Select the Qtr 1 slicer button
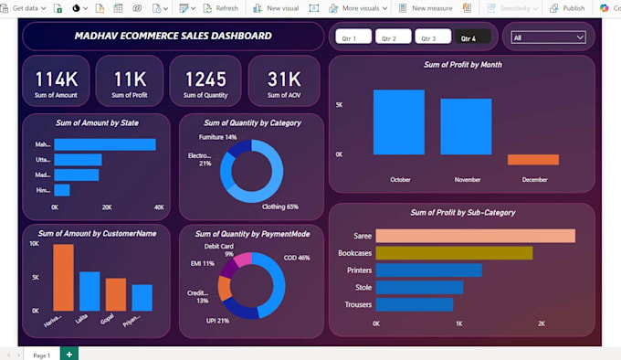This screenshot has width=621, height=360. (x=353, y=37)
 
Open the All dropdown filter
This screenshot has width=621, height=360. (x=548, y=37)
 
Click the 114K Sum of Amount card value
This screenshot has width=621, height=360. (x=56, y=79)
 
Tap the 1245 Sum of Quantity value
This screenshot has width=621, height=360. (x=205, y=79)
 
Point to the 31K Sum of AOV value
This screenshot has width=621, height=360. (x=284, y=79)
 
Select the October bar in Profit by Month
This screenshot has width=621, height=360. (x=399, y=122)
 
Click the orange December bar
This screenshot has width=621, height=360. (x=532, y=159)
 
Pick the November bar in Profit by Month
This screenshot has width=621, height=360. (x=467, y=126)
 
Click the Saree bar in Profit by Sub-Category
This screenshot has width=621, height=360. (x=475, y=236)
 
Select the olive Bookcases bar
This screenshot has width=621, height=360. (x=454, y=253)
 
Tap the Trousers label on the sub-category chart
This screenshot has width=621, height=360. (x=357, y=304)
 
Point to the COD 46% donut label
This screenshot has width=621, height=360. (x=296, y=258)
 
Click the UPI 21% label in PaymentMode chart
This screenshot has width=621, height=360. (x=217, y=321)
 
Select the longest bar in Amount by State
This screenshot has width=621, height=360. (x=105, y=144)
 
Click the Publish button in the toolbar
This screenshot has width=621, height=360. (x=568, y=8)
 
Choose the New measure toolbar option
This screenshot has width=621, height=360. (x=426, y=8)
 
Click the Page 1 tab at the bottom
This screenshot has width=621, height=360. (x=41, y=354)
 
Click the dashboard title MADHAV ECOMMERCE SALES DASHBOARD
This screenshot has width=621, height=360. (x=173, y=37)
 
